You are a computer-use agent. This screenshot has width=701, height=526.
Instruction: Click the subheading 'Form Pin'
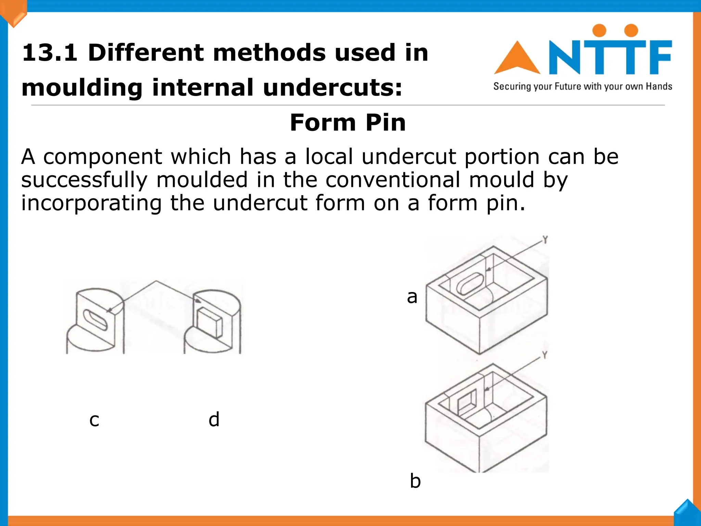(348, 123)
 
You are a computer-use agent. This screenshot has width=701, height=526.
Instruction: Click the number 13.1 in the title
(50, 53)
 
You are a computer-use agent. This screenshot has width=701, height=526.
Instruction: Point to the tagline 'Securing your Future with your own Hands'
(583, 86)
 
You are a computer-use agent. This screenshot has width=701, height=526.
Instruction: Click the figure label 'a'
(412, 297)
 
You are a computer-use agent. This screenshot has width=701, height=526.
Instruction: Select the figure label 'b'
(415, 481)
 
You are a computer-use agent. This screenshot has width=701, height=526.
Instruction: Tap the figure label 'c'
(94, 420)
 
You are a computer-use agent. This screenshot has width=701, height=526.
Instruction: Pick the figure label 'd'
(214, 419)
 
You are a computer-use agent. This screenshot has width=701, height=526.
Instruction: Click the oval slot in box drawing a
(470, 283)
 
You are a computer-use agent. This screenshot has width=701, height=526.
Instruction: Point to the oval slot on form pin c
(95, 320)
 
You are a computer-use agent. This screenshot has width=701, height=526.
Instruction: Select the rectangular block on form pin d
(209, 322)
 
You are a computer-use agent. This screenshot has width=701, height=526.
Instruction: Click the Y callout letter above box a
(545, 239)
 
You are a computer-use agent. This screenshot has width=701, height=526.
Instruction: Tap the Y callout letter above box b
(545, 355)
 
